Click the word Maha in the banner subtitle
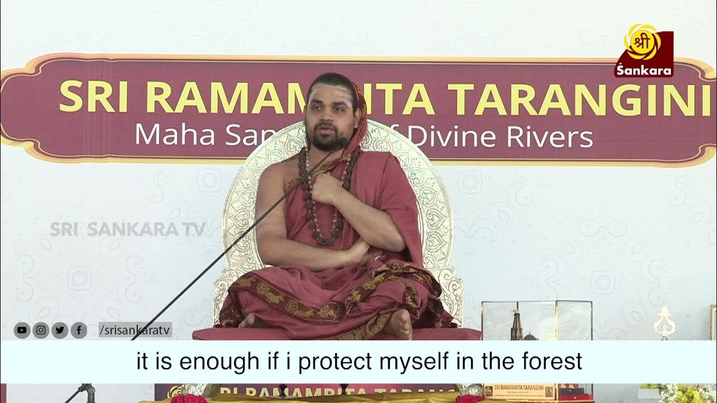coord(175,135)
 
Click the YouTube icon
coord(22,331)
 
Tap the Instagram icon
coord(40,331)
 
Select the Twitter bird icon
coord(59,331)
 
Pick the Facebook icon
coord(78,331)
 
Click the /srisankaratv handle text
coord(135,331)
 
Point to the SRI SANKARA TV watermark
coord(128,229)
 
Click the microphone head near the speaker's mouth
coord(340,144)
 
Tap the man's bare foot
coord(401,324)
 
